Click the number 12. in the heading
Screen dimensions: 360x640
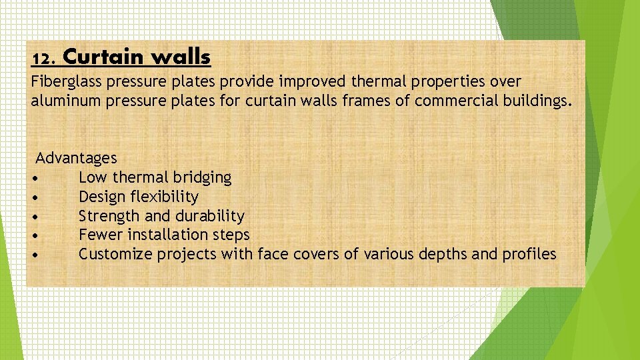click(x=44, y=59)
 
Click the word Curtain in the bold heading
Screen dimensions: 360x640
click(x=104, y=57)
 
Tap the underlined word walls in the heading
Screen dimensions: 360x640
click(x=181, y=57)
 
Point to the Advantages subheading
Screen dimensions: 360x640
click(x=76, y=159)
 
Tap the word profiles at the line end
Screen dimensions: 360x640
click(x=530, y=255)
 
